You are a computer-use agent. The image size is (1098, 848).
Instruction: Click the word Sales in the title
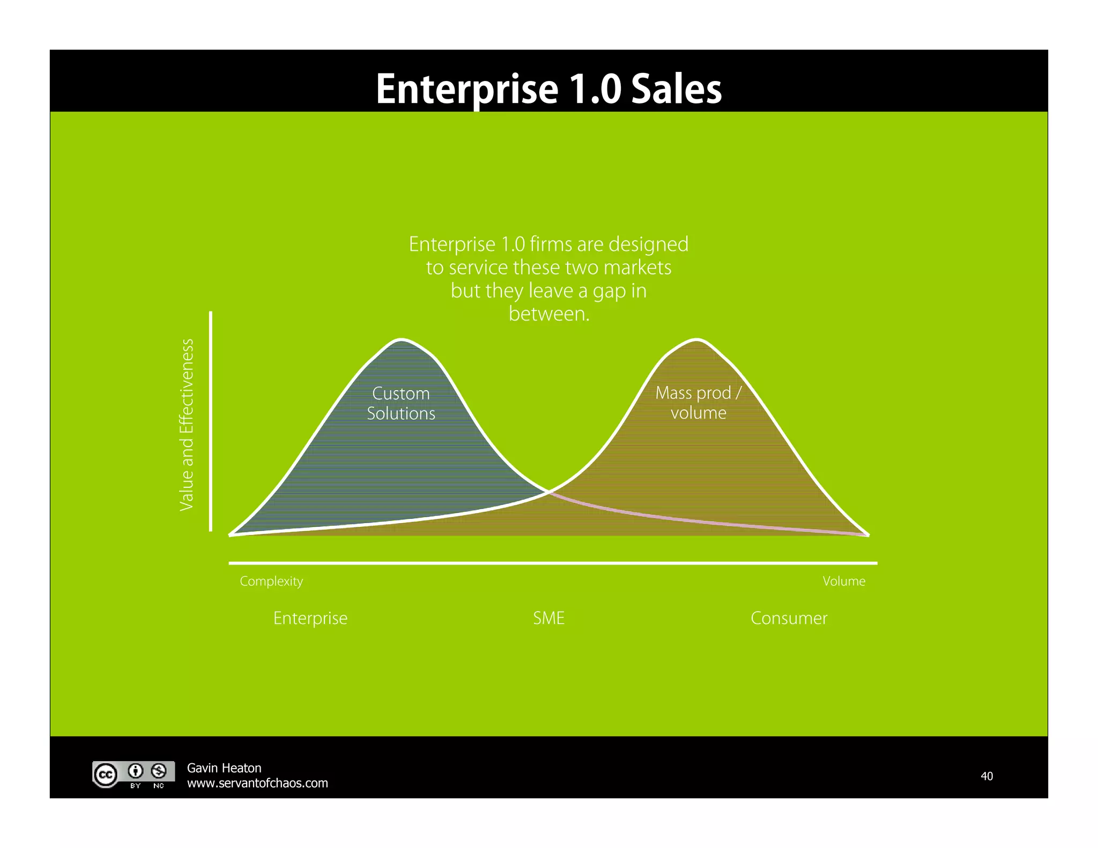click(x=676, y=89)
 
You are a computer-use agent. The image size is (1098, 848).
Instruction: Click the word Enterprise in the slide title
click(x=467, y=89)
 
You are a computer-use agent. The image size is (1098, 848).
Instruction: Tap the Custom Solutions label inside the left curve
click(x=401, y=403)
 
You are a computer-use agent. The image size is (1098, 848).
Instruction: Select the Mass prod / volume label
click(x=698, y=403)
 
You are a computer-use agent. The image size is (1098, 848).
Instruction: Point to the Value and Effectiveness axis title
click(x=186, y=425)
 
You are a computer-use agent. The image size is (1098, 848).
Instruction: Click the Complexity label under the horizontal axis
click(x=271, y=581)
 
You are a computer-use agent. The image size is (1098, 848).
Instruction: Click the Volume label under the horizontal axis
click(x=844, y=581)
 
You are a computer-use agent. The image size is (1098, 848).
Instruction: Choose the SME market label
click(x=548, y=618)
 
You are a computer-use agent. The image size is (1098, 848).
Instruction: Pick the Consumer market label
click(x=789, y=618)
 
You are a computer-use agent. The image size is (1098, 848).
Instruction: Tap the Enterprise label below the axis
click(x=310, y=618)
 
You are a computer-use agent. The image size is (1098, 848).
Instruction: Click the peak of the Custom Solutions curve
click(x=402, y=339)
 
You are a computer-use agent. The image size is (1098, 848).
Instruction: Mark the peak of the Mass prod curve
click(x=696, y=339)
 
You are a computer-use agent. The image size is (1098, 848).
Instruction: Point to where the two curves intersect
click(x=548, y=491)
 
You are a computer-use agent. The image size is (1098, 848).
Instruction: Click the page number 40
click(x=986, y=776)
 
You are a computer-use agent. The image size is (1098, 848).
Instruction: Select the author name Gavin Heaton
click(x=224, y=768)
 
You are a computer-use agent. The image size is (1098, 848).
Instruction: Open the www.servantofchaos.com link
click(x=257, y=783)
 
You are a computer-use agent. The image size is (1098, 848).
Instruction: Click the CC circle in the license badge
click(x=106, y=775)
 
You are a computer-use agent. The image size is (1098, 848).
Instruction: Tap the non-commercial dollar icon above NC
click(x=158, y=771)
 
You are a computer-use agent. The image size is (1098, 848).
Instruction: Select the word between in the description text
click(x=548, y=314)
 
